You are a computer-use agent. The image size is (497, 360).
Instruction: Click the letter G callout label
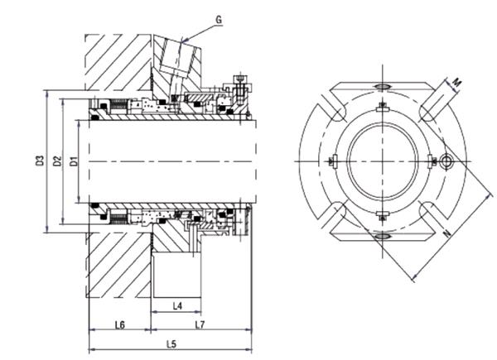[219, 19]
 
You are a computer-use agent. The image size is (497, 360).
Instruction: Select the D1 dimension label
[74, 161]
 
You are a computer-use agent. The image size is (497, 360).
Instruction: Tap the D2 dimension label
[57, 161]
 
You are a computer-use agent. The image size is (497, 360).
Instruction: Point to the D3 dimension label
[39, 161]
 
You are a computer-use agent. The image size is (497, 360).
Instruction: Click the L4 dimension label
[177, 306]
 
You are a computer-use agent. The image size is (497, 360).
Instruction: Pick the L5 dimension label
[171, 344]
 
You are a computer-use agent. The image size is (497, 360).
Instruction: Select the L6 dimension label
[120, 324]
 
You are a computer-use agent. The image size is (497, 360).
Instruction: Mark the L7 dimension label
[200, 324]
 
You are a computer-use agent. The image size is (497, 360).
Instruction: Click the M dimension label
[456, 82]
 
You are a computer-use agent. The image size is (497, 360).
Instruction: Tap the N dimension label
[447, 233]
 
